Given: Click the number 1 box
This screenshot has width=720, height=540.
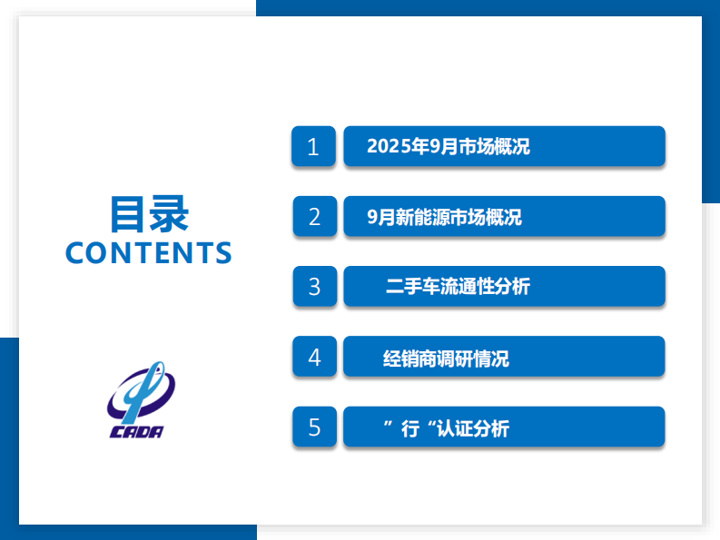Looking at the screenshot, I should [314, 147].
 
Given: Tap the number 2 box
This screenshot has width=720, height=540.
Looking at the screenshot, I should [314, 217].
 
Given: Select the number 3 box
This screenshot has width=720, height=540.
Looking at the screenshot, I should [314, 287].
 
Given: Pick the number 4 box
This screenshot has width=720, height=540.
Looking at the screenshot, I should [314, 357].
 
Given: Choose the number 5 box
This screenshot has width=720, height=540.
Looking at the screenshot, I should [314, 427].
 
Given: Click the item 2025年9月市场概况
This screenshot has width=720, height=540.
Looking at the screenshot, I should [504, 147].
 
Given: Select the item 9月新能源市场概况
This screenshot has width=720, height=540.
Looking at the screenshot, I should [504, 217].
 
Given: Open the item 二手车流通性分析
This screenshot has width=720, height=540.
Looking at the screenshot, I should [504, 287].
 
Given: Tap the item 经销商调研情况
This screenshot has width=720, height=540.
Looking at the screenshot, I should [504, 357].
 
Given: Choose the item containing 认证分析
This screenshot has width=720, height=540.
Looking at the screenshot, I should [504, 427].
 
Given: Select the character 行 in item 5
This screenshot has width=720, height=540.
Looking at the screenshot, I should [409, 428].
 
